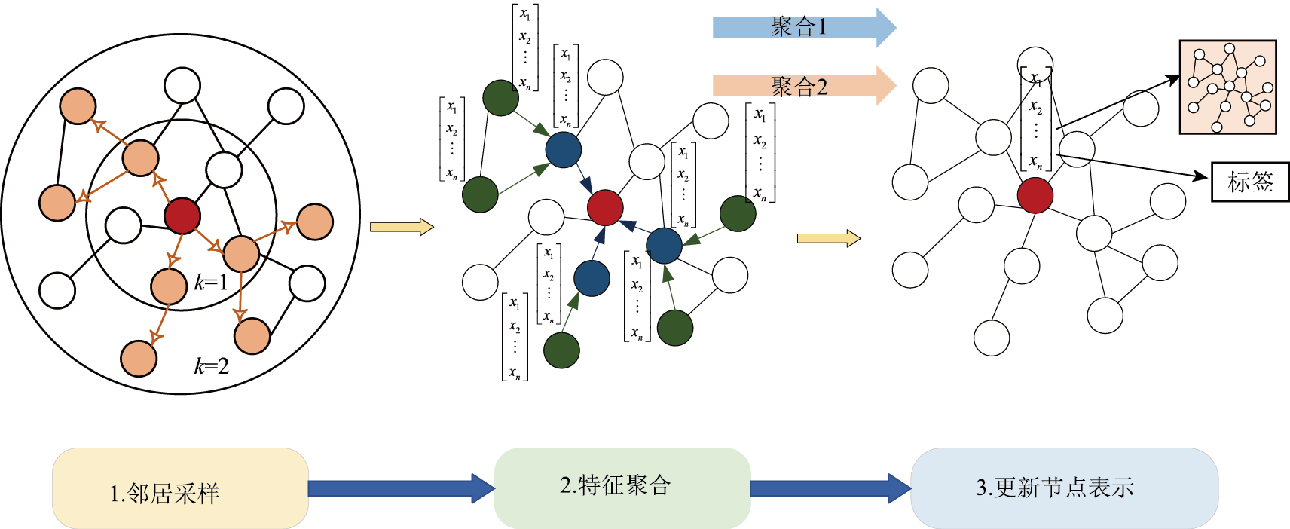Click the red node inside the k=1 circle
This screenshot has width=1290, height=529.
click(182, 216)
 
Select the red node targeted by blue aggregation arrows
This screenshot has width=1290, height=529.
click(605, 207)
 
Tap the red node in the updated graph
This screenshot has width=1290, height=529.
click(1035, 195)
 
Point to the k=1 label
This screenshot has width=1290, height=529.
click(211, 283)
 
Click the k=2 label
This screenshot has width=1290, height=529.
click(212, 366)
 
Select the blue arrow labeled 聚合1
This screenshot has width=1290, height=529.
click(803, 28)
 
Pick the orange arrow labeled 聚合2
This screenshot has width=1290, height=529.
click(803, 86)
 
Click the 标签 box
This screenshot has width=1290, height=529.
click(1250, 182)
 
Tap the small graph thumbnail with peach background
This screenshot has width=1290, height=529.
click(1227, 87)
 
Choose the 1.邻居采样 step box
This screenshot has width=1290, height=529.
click(180, 488)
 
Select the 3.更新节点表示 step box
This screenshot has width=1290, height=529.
click(1064, 488)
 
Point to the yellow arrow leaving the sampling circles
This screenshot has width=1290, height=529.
click(402, 227)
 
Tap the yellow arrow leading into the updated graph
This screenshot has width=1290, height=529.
click(828, 239)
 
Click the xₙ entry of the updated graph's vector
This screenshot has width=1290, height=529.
click(1036, 162)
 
